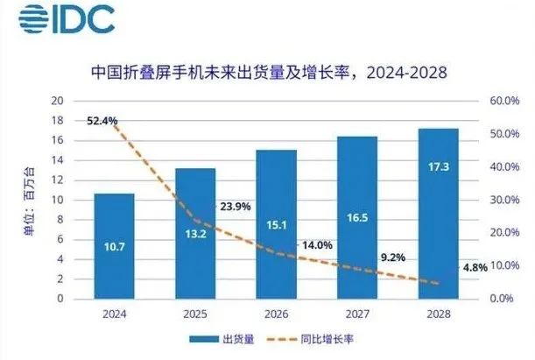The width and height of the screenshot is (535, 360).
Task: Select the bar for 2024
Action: (x=114, y=246)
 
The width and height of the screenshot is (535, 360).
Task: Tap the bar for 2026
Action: (x=276, y=224)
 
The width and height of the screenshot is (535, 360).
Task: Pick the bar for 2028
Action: (x=438, y=214)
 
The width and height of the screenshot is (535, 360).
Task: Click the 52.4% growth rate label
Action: (x=102, y=121)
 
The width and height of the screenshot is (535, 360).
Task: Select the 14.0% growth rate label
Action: (x=316, y=246)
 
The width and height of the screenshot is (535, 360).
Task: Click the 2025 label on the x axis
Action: (x=194, y=313)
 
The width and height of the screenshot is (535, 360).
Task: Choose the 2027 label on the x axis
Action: (x=357, y=313)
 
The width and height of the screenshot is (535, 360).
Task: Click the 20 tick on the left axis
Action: (x=59, y=102)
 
